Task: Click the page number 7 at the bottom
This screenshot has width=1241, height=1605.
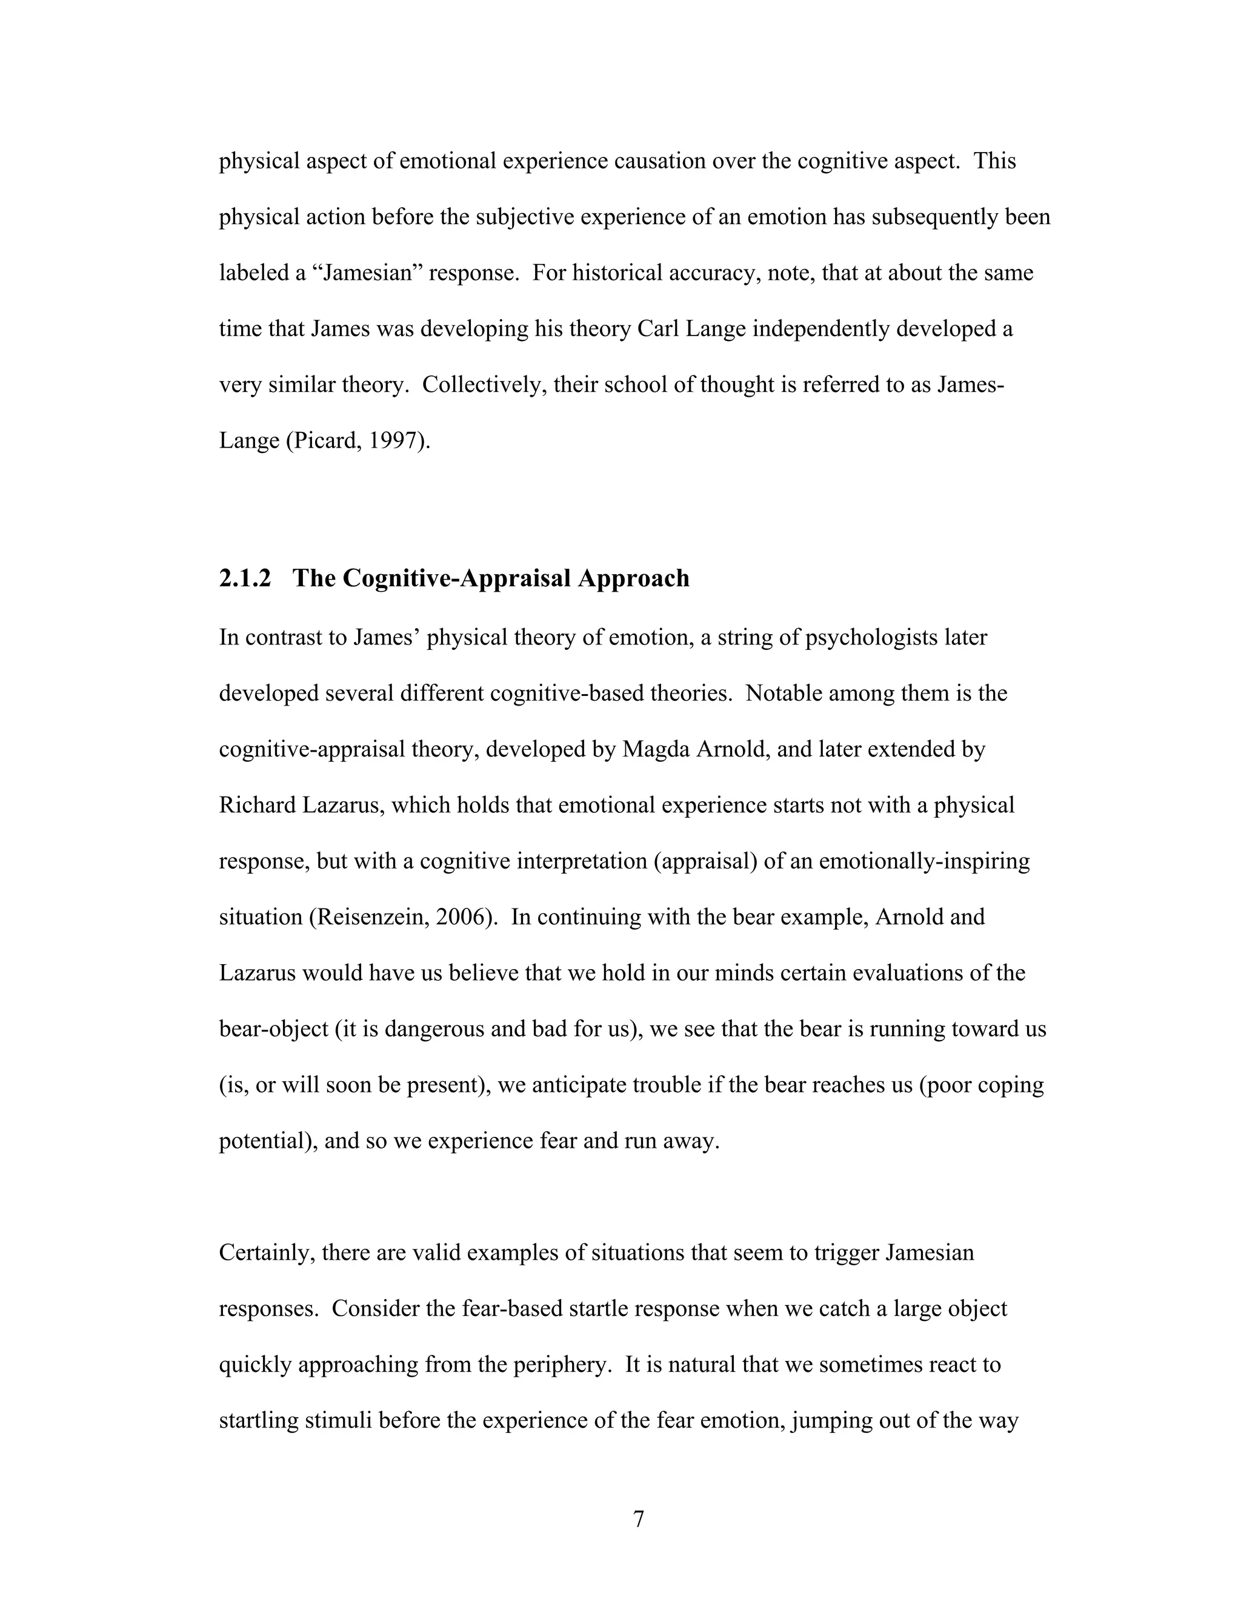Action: pyautogui.click(x=638, y=1519)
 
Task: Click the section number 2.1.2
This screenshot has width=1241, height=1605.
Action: pyautogui.click(x=245, y=578)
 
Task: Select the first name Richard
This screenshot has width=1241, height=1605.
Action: pyautogui.click(x=258, y=806)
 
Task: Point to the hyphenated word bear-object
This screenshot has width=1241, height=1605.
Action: pyautogui.click(x=273, y=1029)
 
